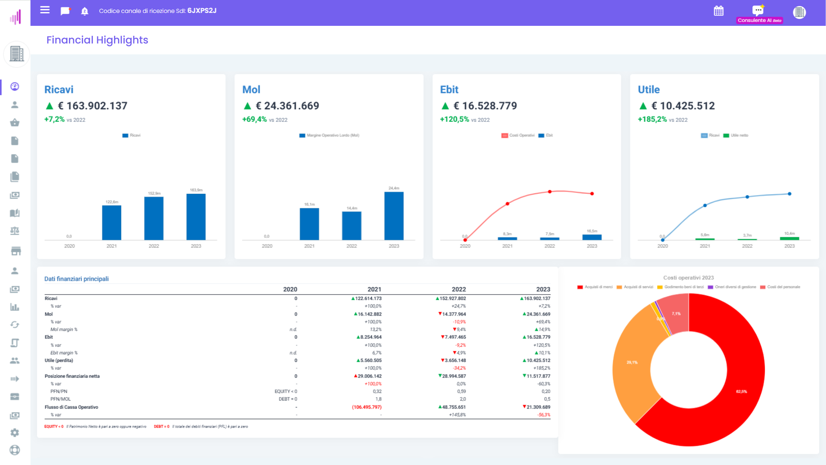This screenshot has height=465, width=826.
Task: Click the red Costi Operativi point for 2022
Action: [x=549, y=192]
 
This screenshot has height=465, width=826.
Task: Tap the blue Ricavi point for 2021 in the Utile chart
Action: [x=705, y=205]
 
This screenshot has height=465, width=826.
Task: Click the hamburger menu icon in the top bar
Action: [x=45, y=10]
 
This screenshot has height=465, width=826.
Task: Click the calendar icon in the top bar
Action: [x=718, y=11]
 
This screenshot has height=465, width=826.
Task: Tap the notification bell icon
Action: [x=85, y=11]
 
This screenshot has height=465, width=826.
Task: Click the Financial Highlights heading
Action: [x=97, y=40]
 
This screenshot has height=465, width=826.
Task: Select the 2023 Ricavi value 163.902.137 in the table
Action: [x=536, y=298]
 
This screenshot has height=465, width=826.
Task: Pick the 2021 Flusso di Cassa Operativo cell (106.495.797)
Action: [x=367, y=407]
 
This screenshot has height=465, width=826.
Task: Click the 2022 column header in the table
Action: [x=459, y=289]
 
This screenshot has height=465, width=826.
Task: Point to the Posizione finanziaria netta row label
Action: [x=72, y=376]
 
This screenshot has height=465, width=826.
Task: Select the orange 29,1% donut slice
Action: [x=632, y=362]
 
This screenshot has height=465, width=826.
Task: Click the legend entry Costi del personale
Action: [x=783, y=287]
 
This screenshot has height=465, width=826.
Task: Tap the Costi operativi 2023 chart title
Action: [x=688, y=278]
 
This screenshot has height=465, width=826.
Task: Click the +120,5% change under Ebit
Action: [x=454, y=119]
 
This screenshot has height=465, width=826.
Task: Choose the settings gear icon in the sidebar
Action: [x=15, y=432]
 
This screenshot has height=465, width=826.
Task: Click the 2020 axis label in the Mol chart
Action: [x=267, y=246]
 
